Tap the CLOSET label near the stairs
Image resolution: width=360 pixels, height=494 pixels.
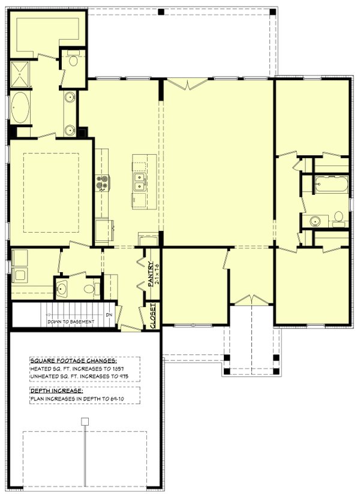point(152,316)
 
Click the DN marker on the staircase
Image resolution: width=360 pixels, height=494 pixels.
point(109,315)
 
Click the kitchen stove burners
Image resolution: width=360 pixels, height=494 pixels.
point(101,182)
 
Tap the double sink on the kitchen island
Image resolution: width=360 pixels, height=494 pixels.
point(140,186)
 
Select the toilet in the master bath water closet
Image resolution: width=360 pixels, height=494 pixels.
point(73,59)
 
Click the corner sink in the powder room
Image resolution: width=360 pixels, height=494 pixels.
point(62,287)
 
